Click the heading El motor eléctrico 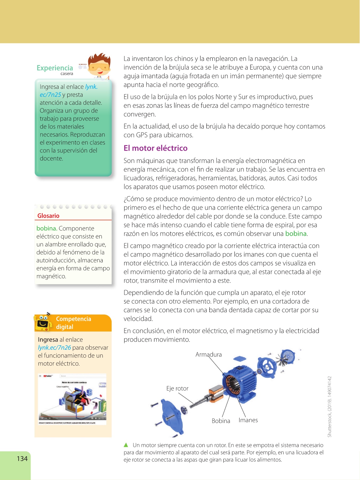point(155,148)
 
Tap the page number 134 point(22,459)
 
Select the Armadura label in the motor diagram point(209,354)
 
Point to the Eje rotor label point(177,389)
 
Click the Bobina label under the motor point(221,421)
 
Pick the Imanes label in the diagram point(248,420)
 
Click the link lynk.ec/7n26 point(54,348)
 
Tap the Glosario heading point(48,216)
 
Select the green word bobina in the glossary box point(47,229)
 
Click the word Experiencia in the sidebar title point(55,68)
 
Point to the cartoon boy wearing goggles point(99,65)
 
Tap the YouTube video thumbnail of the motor point(73,399)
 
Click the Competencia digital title point(74,323)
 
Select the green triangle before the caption point(126,445)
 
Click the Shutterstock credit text point(330,406)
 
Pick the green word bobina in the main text point(296,234)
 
